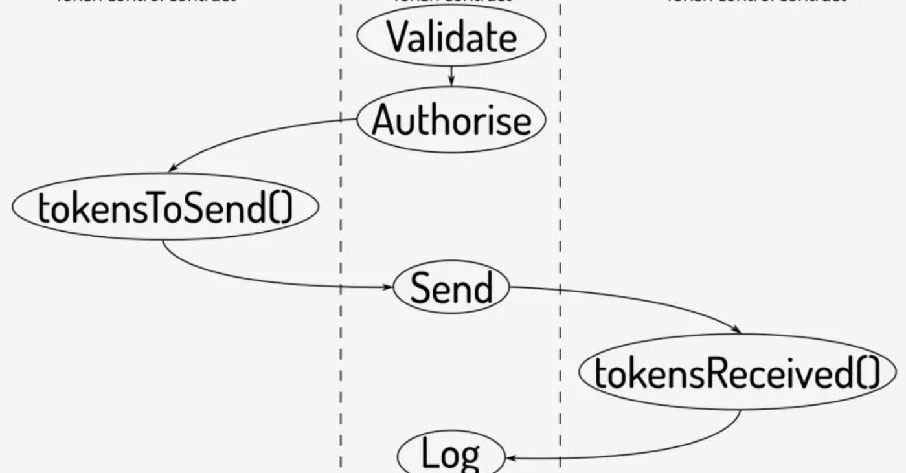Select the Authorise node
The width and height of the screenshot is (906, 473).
(x=451, y=120)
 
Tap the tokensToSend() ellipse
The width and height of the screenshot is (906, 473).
(x=166, y=207)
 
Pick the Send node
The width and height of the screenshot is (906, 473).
(x=451, y=287)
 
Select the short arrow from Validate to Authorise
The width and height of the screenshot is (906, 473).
(x=451, y=76)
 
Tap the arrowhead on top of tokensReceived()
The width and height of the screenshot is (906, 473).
(x=736, y=331)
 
